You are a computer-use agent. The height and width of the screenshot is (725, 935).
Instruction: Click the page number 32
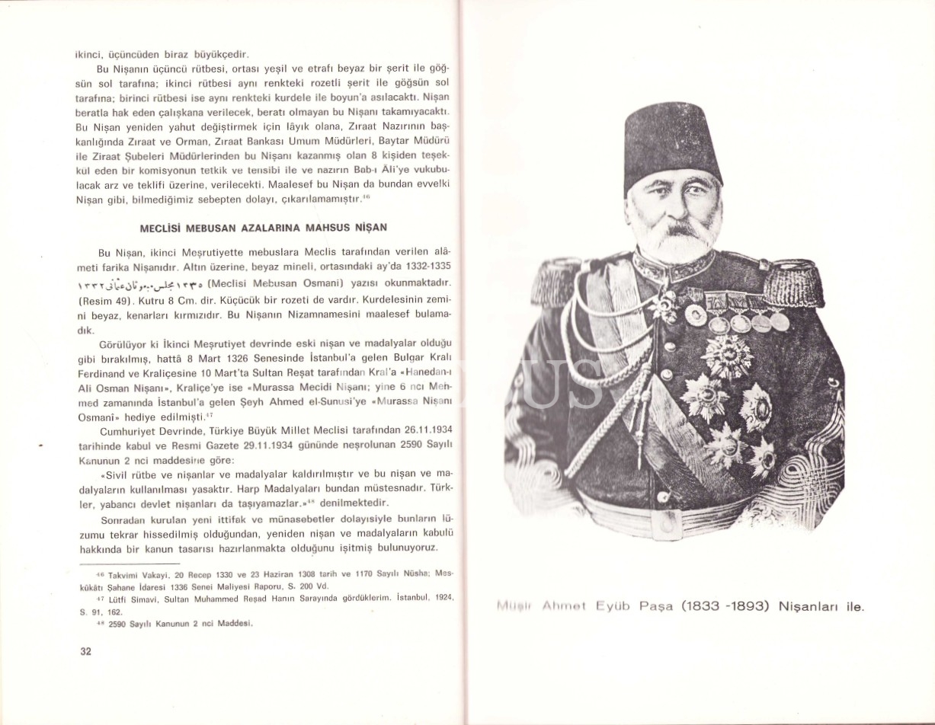(x=85, y=651)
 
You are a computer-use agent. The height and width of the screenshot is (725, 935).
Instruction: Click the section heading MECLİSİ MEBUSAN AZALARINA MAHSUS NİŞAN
(x=264, y=228)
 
